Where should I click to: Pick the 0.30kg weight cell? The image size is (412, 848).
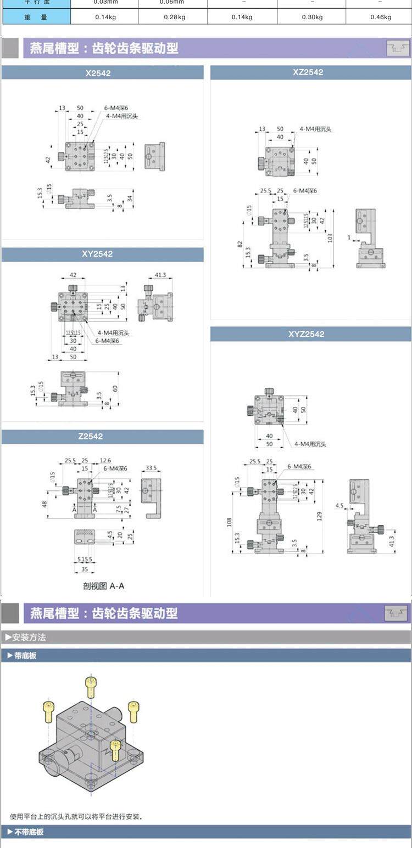point(311,17)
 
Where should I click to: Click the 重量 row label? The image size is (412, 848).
point(36,17)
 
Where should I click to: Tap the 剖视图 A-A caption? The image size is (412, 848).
point(104,586)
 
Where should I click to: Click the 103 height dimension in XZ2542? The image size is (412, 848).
point(330,238)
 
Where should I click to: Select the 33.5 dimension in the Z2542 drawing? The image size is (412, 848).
point(152,468)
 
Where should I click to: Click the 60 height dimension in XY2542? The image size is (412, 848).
point(115,388)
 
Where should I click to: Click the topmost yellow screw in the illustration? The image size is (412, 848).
point(91,686)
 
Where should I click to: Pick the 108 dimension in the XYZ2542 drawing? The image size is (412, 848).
point(229,521)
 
